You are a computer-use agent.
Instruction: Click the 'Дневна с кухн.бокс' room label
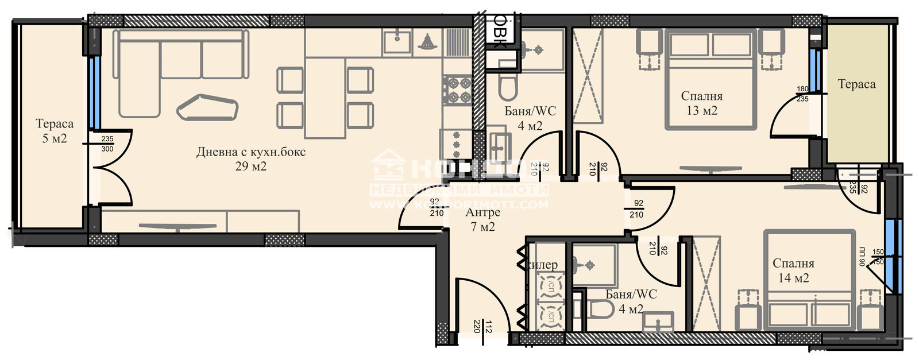pyautogui.click(x=251, y=152)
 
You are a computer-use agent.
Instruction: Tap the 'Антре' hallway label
pyautogui.click(x=482, y=212)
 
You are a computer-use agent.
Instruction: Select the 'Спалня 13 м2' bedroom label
pyautogui.click(x=702, y=96)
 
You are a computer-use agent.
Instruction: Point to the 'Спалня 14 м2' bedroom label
pyautogui.click(x=793, y=264)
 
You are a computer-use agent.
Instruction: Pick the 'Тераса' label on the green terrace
pyautogui.click(x=856, y=84)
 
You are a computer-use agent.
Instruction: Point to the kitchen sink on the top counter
pyautogui.click(x=396, y=41)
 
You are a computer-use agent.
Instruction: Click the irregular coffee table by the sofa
pyautogui.click(x=207, y=107)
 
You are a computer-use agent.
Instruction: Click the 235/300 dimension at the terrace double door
pyautogui.click(x=107, y=144)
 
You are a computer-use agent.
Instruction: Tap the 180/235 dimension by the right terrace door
pyautogui.click(x=802, y=94)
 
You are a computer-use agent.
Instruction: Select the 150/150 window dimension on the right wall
pyautogui.click(x=878, y=257)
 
